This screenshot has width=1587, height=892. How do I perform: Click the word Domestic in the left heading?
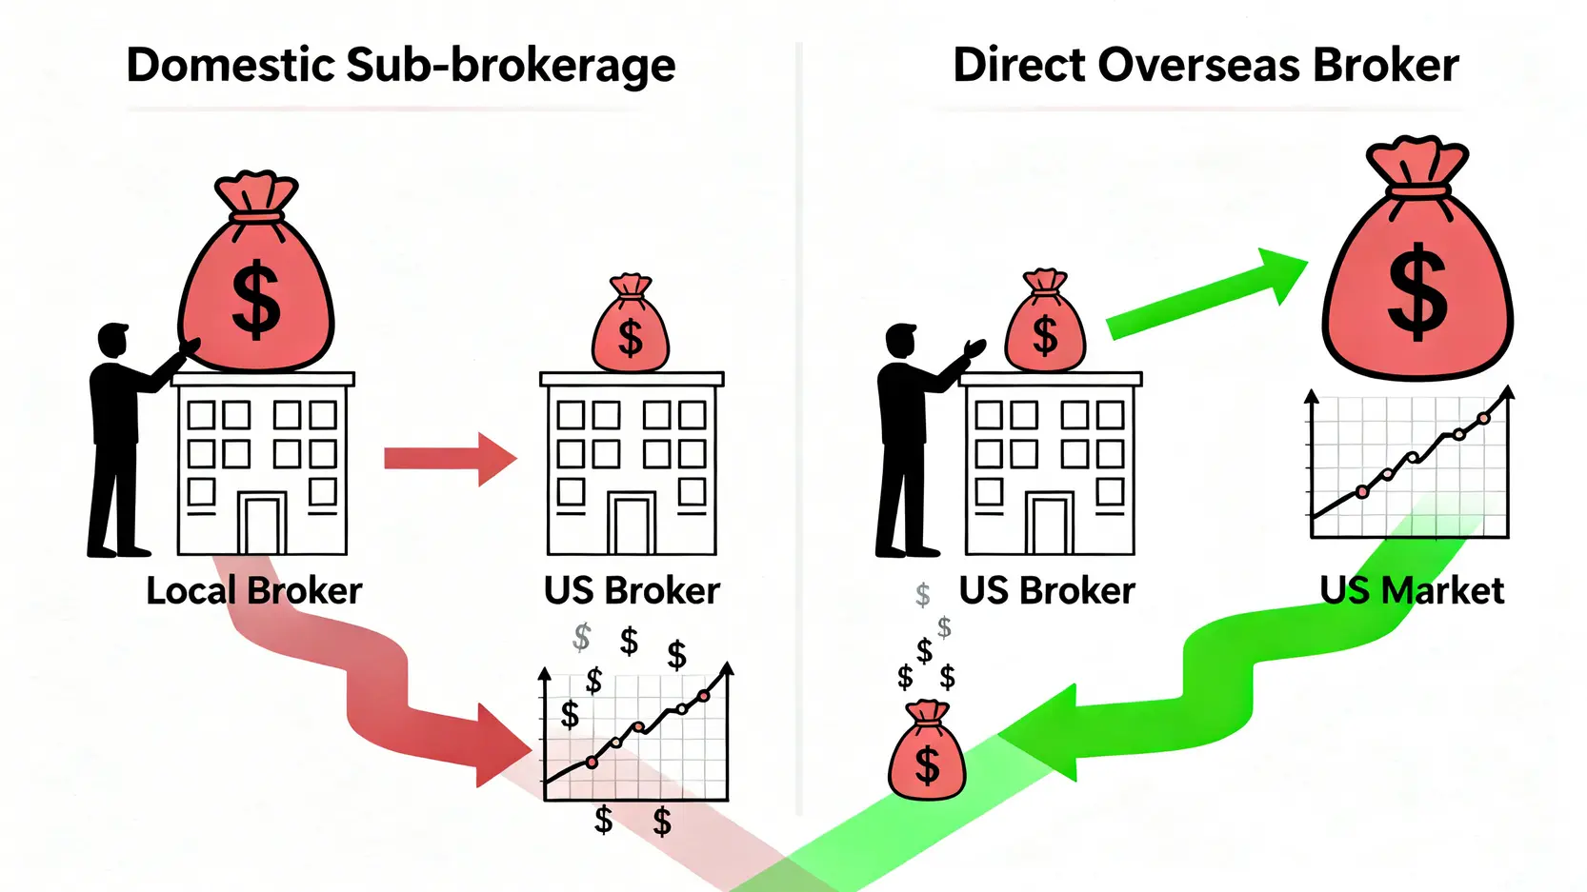click(x=231, y=66)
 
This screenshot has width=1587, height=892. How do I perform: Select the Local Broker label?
click(x=253, y=591)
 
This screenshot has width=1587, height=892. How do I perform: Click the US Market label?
click(x=1412, y=591)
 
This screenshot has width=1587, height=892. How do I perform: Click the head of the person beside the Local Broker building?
click(x=113, y=341)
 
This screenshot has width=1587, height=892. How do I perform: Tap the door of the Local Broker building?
click(x=262, y=523)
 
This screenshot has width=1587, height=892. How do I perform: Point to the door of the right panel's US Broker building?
click(x=1050, y=523)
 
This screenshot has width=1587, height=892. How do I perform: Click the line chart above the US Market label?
click(x=1408, y=466)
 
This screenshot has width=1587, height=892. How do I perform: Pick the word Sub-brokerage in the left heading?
click(x=510, y=66)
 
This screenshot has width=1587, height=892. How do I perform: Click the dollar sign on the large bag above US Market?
click(x=1417, y=290)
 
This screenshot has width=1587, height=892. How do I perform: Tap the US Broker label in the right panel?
click(x=1046, y=591)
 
